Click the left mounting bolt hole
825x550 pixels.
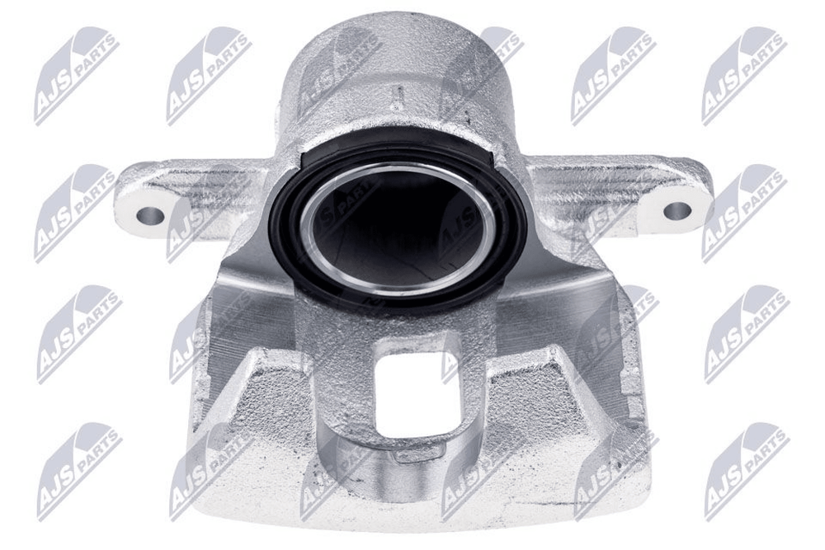pos(149,214)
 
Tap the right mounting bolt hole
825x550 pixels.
pos(676,210)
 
